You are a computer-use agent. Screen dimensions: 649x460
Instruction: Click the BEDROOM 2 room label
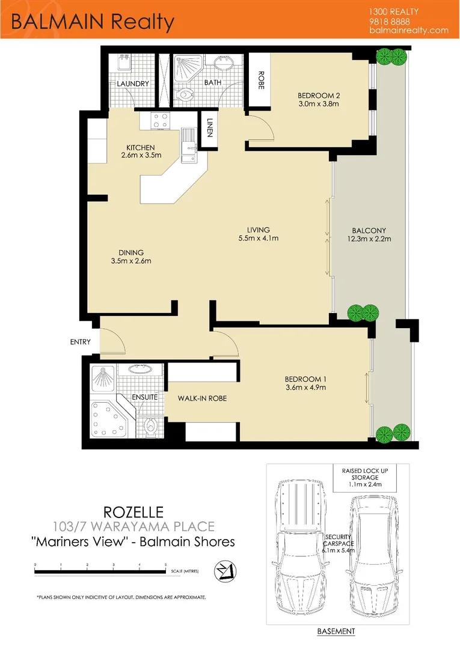pos(319,95)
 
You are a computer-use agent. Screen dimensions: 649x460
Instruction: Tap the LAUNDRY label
pos(133,84)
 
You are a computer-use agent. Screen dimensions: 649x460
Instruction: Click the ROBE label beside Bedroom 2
pos(262,81)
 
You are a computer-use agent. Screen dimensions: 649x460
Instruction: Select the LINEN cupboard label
pos(210,127)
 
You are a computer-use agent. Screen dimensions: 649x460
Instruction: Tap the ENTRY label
pos(80,343)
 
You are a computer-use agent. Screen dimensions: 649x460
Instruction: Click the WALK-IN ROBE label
pos(202,398)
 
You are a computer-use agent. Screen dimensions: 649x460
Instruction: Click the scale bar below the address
pos(100,571)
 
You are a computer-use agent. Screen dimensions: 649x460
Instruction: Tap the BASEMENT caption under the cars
pos(336,631)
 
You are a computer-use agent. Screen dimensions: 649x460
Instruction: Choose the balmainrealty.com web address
pos(409,30)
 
